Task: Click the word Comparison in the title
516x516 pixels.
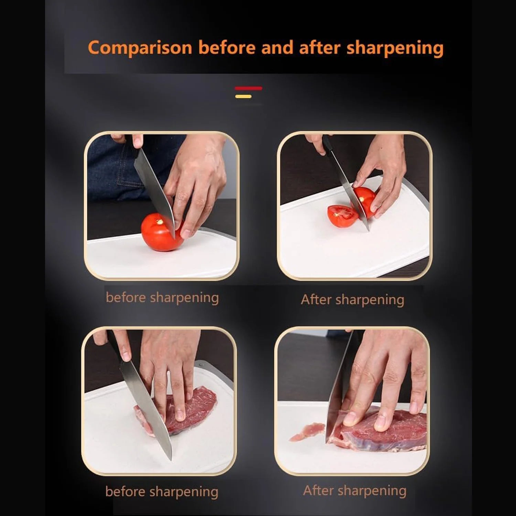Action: point(140,48)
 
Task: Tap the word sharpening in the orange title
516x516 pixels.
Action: point(395,48)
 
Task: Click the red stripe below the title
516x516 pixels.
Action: point(248,88)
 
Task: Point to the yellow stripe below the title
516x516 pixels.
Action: point(243,97)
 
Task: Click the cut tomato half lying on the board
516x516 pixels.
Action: point(342,216)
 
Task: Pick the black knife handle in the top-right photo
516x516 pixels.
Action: point(327,144)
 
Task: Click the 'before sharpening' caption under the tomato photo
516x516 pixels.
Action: point(162,298)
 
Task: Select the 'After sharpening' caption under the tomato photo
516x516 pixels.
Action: point(352,300)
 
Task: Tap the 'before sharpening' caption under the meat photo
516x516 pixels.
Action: point(162,492)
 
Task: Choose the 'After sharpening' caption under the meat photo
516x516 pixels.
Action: point(354,491)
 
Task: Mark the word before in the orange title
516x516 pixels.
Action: point(227,48)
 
